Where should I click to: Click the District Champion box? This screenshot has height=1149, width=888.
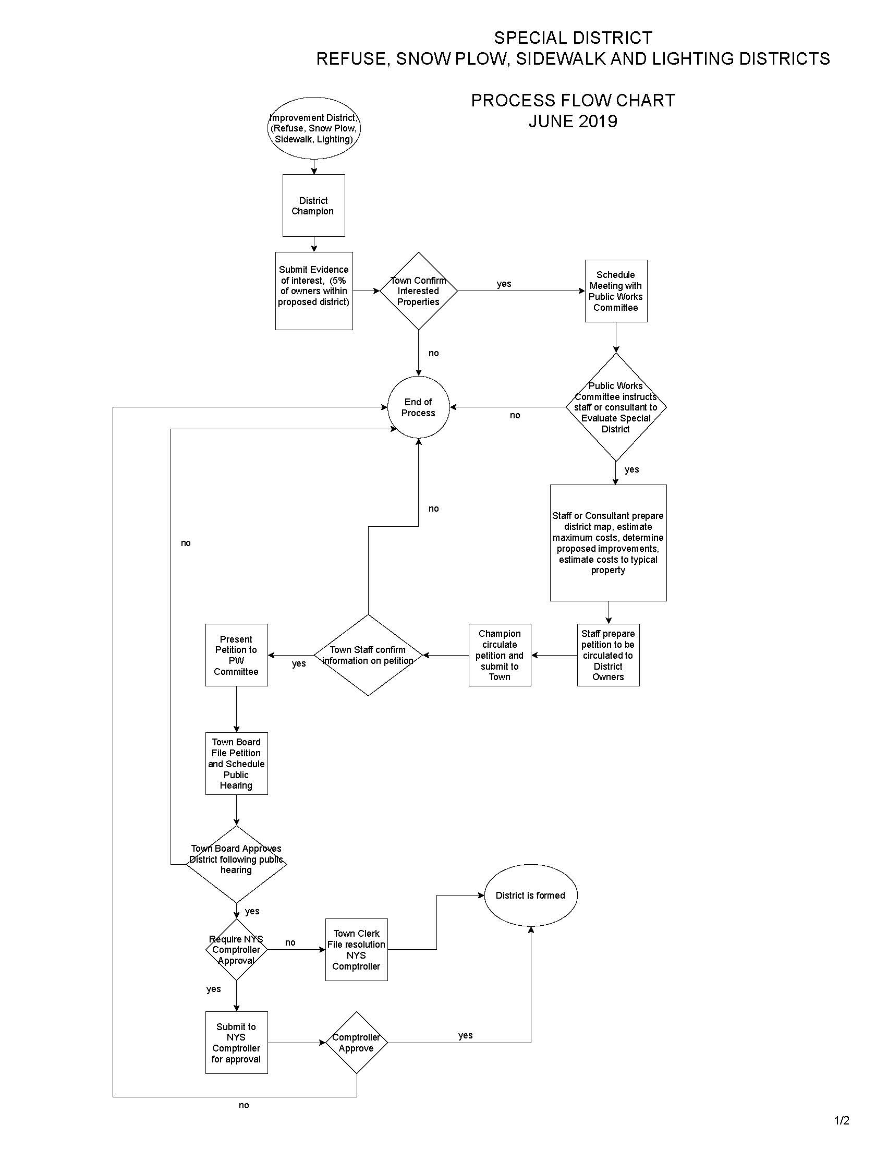[313, 205]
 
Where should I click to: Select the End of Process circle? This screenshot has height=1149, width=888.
[418, 407]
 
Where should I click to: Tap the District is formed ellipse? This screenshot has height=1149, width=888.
[530, 895]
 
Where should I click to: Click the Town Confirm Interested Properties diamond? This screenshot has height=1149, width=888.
[418, 291]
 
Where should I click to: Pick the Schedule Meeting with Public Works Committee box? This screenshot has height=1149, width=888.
[615, 291]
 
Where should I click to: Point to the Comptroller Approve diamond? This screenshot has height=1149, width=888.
[356, 1042]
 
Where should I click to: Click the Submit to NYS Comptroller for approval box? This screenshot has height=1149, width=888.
[236, 1042]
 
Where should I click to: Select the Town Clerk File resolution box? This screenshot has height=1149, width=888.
[356, 950]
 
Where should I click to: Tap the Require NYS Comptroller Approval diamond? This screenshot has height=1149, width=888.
[236, 950]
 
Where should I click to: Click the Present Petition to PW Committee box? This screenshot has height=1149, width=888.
[236, 655]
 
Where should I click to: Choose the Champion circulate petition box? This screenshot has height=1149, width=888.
[499, 655]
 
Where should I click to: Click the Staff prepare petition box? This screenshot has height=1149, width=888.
[607, 655]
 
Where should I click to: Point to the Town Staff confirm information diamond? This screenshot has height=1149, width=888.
[368, 655]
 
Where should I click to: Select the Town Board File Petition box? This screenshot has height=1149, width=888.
[236, 764]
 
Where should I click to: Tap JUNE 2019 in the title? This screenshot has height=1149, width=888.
[573, 121]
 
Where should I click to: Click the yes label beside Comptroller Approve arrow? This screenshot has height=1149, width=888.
[465, 1035]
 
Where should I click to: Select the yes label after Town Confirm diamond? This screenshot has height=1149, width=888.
[504, 284]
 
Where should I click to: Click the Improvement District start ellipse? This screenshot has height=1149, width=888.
[313, 128]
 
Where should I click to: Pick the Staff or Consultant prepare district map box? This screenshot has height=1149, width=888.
[608, 542]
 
